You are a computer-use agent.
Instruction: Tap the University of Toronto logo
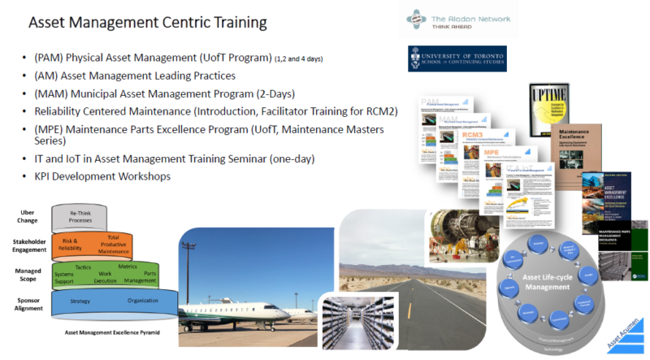coord(457,59)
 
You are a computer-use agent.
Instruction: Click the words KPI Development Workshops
coord(102,176)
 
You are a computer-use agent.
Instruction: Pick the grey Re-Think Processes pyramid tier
coord(80,217)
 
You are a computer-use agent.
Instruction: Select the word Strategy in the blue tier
coord(80,300)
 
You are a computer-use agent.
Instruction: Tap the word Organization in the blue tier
coord(142,300)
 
